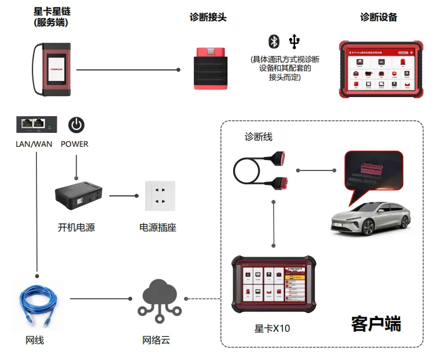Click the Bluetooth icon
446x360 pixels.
pos(274,42)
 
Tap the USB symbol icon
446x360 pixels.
pos(295,42)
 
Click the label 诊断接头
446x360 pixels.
pos(208,17)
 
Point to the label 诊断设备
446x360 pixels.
pos(379,17)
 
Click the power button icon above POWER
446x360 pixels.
pos(76,124)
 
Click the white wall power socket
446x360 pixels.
pos(159,196)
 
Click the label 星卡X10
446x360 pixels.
pos(272,328)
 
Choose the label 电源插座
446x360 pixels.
pos(158,228)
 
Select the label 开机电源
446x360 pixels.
pos(76,228)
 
